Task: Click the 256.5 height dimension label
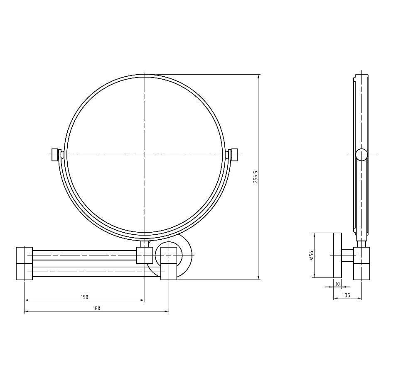tap(255, 177)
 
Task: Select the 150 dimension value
tap(85, 297)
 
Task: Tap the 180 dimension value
tap(96, 309)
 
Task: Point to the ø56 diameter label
tap(312, 255)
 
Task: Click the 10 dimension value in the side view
tap(337, 284)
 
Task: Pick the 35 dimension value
tap(347, 295)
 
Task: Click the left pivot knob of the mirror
tap(54, 155)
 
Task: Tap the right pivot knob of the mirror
tap(235, 155)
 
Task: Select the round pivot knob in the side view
tap(361, 155)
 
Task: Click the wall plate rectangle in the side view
tap(337, 255)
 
